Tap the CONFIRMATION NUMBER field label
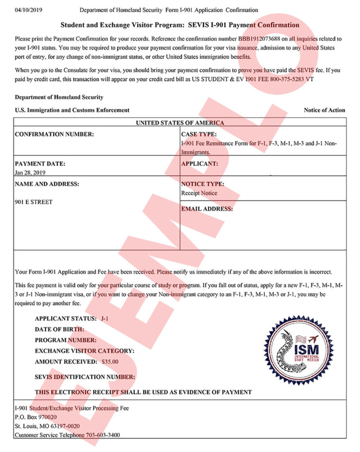pyautogui.click(x=54, y=134)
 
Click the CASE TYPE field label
pyautogui.click(x=199, y=134)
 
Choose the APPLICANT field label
pyautogui.click(x=199, y=164)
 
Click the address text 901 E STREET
pyautogui.click(x=34, y=202)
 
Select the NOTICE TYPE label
pyautogui.click(x=202, y=184)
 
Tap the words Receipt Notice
pyautogui.click(x=199, y=193)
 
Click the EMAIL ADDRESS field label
pyautogui.click(x=207, y=209)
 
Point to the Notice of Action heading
pyautogui.click(x=324, y=110)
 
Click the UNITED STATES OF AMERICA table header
pyautogui.click(x=180, y=123)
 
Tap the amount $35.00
pyautogui.click(x=110, y=362)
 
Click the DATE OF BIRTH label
pyautogui.click(x=59, y=329)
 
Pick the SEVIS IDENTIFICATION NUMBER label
pyautogui.click(x=85, y=377)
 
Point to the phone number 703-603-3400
pyautogui.click(x=104, y=435)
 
